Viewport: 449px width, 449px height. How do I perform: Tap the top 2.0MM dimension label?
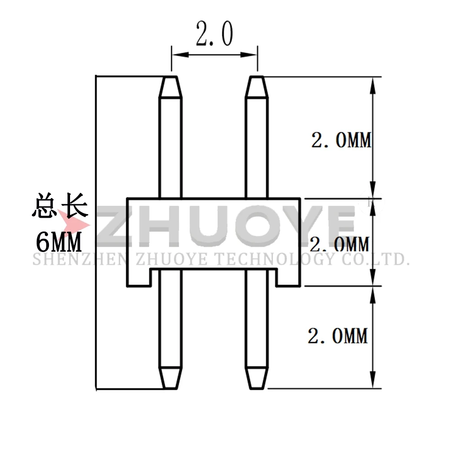coord(342,140)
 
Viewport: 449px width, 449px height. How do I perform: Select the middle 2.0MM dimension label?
coord(339,244)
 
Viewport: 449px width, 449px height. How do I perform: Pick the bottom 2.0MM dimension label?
coord(338,336)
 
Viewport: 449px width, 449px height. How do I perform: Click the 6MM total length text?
coord(59,243)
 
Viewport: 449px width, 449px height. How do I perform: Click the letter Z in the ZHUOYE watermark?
coord(118,228)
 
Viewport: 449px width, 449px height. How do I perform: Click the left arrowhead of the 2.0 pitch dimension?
coord(176,54)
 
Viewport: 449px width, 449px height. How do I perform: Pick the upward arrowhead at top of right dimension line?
coord(372,83)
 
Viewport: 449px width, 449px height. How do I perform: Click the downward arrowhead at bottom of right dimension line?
coord(372,382)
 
